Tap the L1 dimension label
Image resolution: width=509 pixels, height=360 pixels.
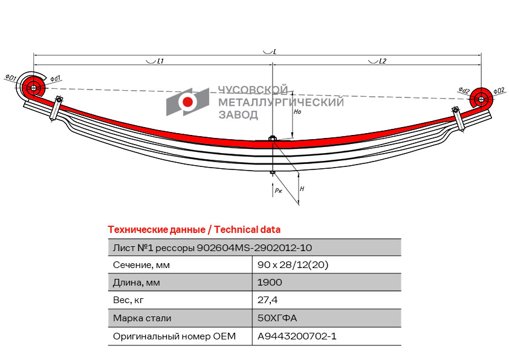[x=160, y=61]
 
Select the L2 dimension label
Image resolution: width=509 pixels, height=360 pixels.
[x=382, y=61]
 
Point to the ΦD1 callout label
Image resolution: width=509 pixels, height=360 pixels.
[x=10, y=77]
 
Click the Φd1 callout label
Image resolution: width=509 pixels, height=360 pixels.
[x=56, y=78]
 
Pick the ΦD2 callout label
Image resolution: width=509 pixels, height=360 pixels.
[x=499, y=90]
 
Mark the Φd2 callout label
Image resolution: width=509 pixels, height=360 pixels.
[x=464, y=90]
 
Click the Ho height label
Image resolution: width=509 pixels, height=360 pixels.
[x=297, y=112]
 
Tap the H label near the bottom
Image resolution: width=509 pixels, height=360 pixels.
[x=302, y=189]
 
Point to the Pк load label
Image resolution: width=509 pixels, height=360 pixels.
[x=278, y=190]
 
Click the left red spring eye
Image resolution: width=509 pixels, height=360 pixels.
[x=33, y=88]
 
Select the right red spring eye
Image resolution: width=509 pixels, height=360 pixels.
[x=481, y=99]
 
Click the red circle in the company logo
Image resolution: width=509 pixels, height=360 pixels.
[x=188, y=102]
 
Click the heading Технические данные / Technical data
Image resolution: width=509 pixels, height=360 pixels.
[x=194, y=229]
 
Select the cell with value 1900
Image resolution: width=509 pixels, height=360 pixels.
[x=270, y=282]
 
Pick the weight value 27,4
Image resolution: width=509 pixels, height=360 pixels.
[x=268, y=299]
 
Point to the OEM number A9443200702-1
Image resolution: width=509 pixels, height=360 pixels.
[x=297, y=335]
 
